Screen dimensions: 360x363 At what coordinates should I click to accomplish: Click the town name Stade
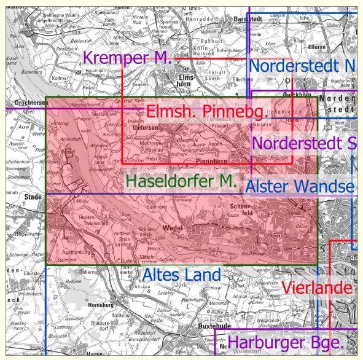(17, 182)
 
